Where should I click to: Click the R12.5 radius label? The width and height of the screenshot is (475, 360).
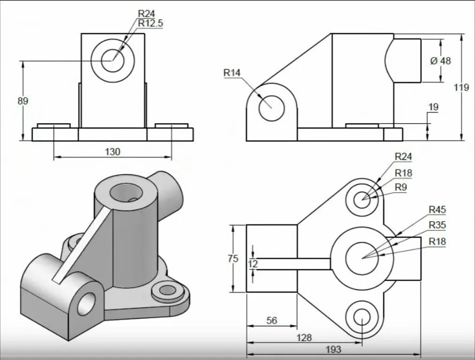150,23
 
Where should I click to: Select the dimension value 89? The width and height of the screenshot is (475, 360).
23,101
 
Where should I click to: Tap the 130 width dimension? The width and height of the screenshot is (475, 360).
113,152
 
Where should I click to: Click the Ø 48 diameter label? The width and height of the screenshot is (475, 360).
441,61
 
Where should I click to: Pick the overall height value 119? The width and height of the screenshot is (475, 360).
461,87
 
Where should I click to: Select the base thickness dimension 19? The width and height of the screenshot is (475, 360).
433,107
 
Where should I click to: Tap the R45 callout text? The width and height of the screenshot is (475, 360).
437,209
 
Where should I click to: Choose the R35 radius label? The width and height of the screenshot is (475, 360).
437,225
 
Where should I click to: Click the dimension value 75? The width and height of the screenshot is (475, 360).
233,259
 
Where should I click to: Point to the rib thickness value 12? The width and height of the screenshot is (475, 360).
253,264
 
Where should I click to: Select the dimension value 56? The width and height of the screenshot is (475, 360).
272,320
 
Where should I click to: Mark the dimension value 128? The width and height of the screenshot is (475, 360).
303,338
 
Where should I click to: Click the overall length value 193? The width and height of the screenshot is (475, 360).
333,350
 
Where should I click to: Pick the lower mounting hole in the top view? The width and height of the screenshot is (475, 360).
362,317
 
